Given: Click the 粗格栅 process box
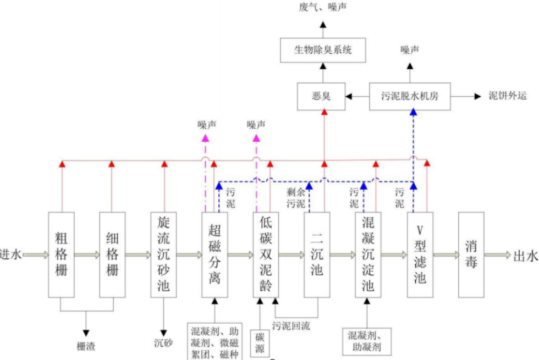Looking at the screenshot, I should [x=61, y=254].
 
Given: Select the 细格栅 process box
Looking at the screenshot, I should [x=112, y=254].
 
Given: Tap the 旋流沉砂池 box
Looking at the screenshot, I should [x=163, y=254].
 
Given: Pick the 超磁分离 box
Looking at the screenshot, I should [x=215, y=254].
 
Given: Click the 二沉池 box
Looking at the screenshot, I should [x=317, y=254].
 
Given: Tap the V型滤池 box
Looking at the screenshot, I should [x=420, y=254].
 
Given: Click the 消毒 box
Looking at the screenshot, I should [x=471, y=254].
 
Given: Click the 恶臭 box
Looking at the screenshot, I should [x=321, y=96].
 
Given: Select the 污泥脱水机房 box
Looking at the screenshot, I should [x=410, y=96].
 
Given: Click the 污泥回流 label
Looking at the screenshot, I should [x=291, y=326].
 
